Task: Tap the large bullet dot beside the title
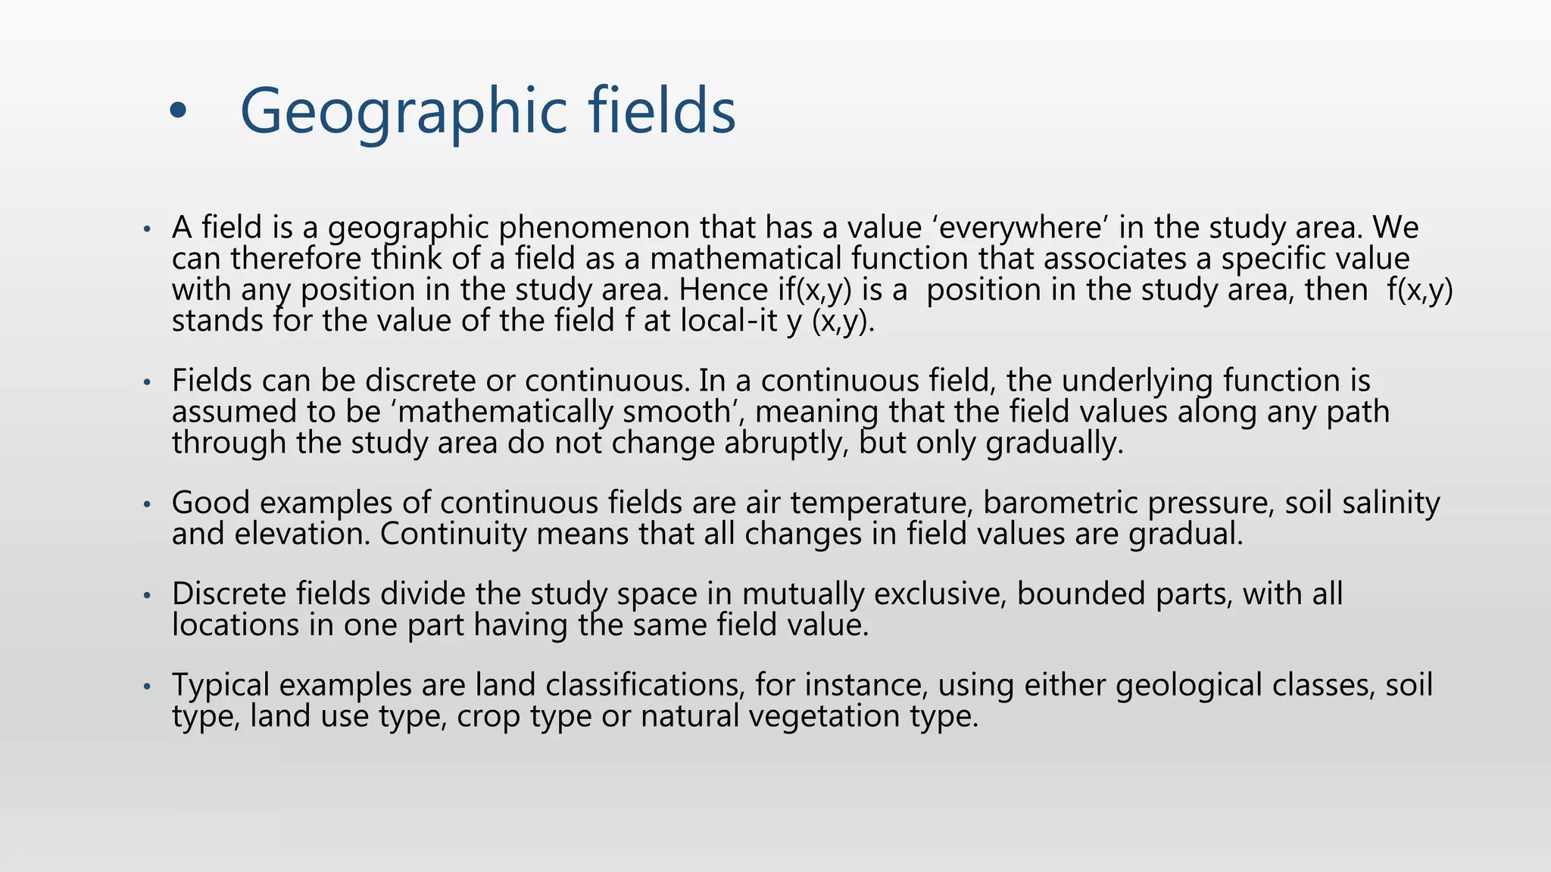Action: coord(178,112)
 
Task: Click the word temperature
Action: coord(878,503)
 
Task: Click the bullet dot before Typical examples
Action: coord(148,687)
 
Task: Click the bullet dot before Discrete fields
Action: coord(148,596)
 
